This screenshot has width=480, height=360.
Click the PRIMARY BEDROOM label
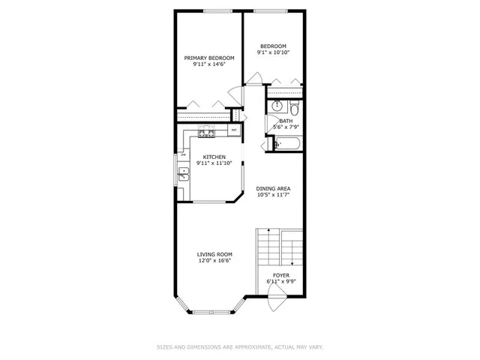[209, 58]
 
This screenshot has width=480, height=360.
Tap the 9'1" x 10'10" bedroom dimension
[273, 52]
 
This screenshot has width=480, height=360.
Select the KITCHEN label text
[214, 157]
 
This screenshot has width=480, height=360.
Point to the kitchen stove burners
[206, 133]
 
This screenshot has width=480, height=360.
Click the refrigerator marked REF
[234, 131]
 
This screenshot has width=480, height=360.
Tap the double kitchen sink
[183, 176]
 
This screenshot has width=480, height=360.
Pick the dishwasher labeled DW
[182, 154]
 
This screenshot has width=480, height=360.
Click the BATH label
[286, 121]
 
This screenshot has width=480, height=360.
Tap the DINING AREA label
[273, 188]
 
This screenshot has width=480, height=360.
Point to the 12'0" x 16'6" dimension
[214, 261]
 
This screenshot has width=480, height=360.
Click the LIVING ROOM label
[214, 254]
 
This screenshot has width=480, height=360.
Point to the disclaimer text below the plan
[240, 346]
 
